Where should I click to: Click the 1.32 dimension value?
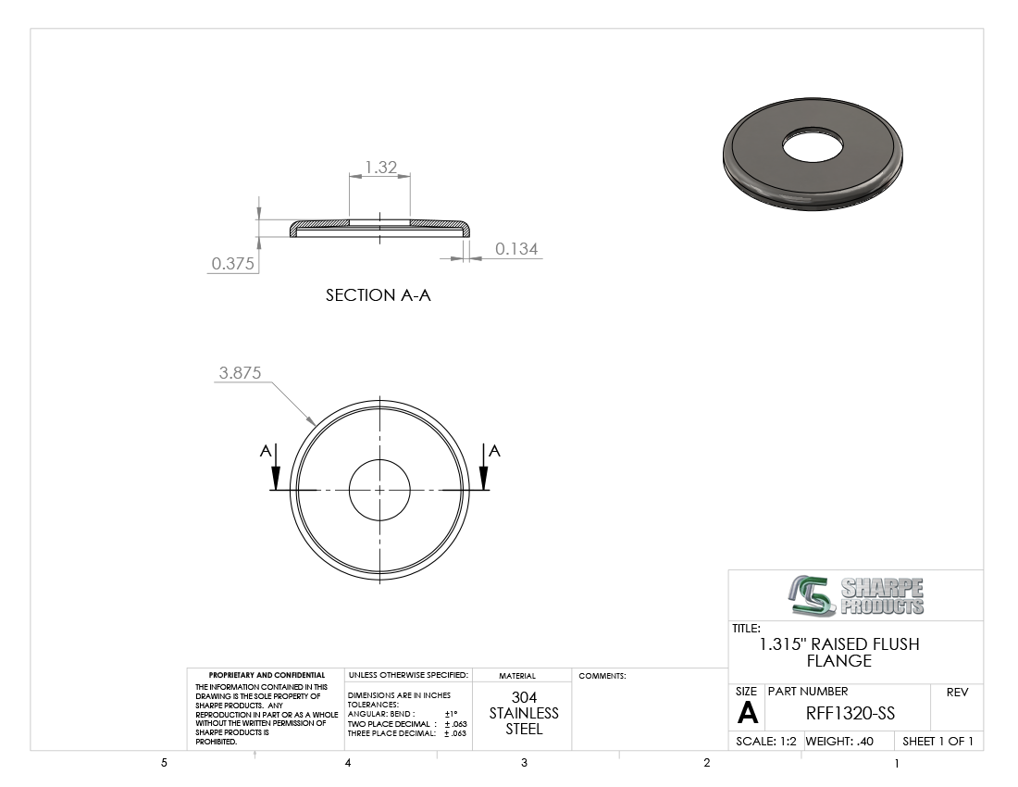[380, 168]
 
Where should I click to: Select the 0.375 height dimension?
[232, 264]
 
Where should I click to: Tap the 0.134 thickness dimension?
[516, 249]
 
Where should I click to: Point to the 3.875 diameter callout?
[240, 373]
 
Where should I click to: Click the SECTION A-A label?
[378, 295]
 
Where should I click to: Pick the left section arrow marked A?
[275, 467]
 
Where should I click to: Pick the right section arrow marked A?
[484, 467]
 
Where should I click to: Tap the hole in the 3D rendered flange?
[813, 145]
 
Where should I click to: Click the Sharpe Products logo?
[856, 595]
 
